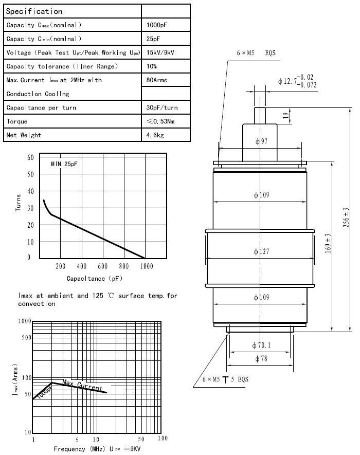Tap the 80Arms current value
[157, 80]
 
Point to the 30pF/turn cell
[162, 107]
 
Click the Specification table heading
[34, 11]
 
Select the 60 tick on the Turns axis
[30, 157]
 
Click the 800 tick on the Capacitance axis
[124, 266]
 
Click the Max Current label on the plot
[82, 385]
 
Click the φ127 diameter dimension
[261, 251]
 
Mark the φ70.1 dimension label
[261, 345]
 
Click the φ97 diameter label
[261, 141]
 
